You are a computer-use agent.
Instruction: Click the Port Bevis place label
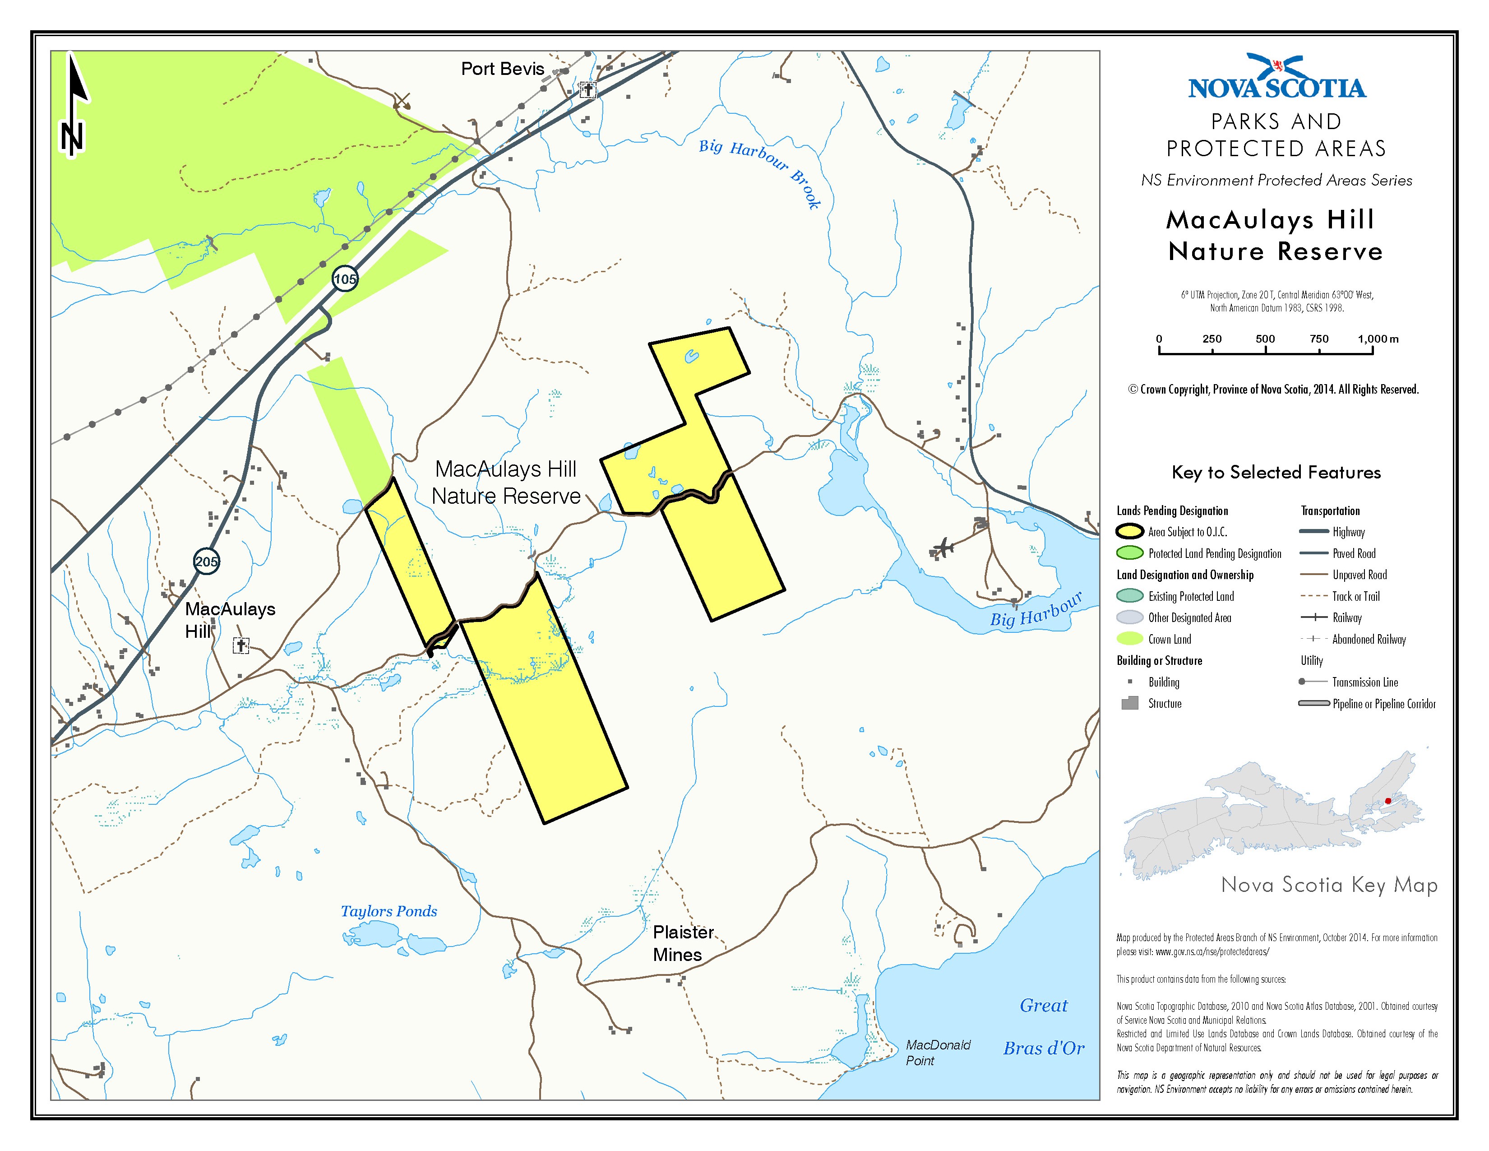click(x=503, y=69)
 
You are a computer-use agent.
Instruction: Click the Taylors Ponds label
click(x=388, y=911)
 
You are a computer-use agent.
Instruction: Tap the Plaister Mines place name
click(x=682, y=943)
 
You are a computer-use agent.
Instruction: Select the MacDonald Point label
click(x=938, y=1052)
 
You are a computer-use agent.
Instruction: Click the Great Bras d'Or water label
click(x=1043, y=1027)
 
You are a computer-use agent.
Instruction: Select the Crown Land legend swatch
click(x=1130, y=639)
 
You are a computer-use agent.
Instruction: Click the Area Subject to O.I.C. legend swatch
click(x=1130, y=532)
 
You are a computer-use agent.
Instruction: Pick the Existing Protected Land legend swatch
click(x=1130, y=596)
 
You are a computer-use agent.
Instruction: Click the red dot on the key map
click(x=1387, y=801)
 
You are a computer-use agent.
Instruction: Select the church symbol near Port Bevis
click(x=587, y=89)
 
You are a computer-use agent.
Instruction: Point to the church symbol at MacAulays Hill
click(x=240, y=645)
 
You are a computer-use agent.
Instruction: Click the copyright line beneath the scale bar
click(x=1273, y=390)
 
